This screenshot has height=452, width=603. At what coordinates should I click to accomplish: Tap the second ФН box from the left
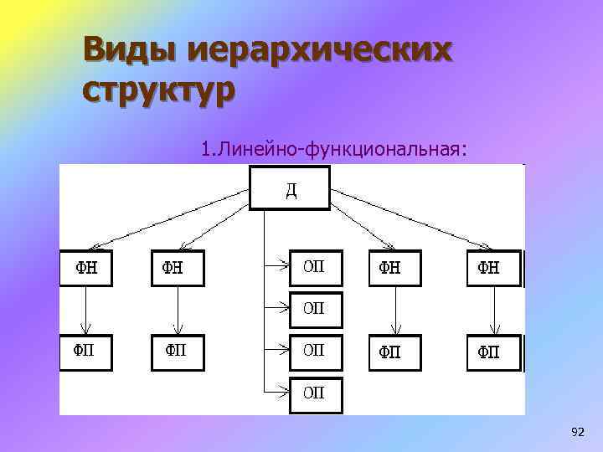(x=177, y=268)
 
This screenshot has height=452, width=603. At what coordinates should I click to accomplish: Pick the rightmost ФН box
(x=493, y=268)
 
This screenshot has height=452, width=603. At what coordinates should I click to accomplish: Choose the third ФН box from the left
(x=395, y=268)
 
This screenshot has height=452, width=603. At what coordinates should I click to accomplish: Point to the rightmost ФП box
(x=493, y=352)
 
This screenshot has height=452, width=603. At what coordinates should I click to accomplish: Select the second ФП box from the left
(x=177, y=352)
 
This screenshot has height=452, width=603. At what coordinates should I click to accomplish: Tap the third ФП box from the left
(x=395, y=352)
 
